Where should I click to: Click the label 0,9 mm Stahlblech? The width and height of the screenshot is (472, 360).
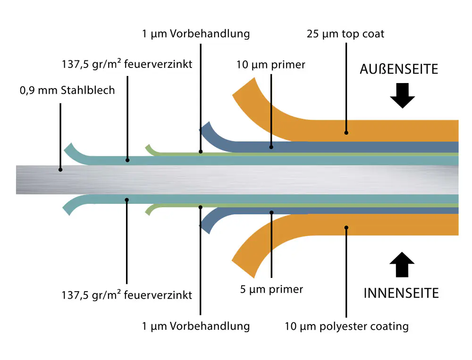[67, 90]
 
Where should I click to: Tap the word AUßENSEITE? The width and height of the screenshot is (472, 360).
[399, 69]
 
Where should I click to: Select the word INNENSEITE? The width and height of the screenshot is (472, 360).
[401, 293]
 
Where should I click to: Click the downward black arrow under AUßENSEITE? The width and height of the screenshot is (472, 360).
[402, 95]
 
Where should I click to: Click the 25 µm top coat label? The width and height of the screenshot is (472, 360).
[346, 34]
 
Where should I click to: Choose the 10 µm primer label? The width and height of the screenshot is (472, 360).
[271, 65]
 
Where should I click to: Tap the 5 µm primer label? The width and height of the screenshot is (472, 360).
[271, 289]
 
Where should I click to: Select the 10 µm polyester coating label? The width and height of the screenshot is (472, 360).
[347, 326]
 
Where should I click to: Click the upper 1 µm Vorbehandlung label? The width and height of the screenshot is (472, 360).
[196, 34]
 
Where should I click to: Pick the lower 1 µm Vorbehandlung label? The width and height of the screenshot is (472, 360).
[196, 326]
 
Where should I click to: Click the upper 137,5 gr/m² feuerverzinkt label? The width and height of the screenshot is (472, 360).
[127, 64]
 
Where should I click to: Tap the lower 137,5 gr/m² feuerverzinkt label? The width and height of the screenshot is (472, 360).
[127, 295]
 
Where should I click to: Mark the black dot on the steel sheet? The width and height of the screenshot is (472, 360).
[60, 169]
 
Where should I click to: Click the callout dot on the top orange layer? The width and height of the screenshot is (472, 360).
[346, 133]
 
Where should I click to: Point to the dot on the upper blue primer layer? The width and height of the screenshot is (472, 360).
[271, 147]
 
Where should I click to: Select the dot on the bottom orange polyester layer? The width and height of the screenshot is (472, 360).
[346, 227]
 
